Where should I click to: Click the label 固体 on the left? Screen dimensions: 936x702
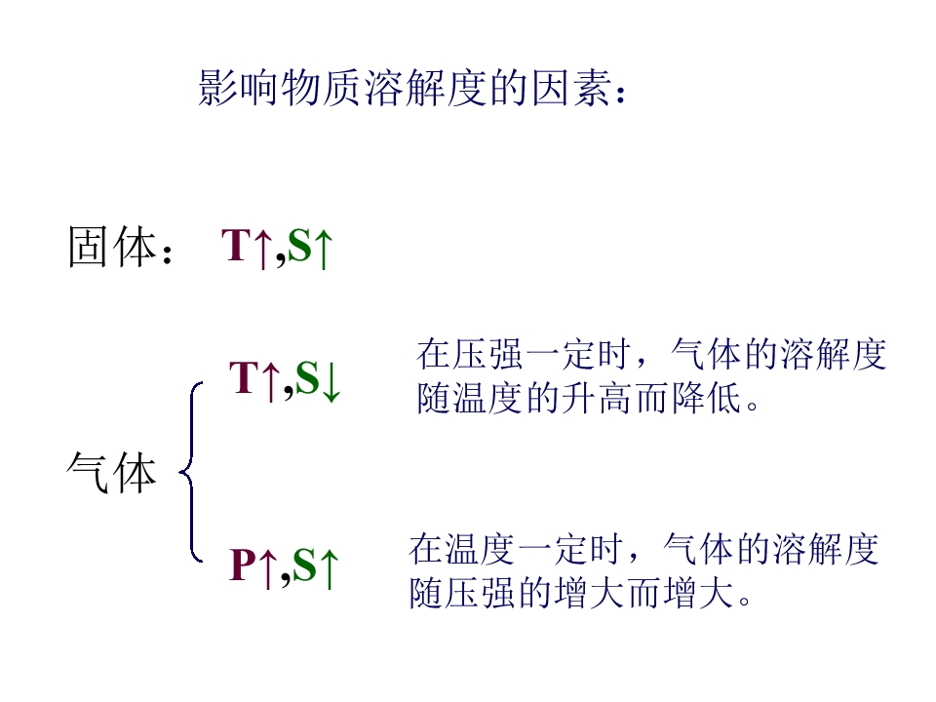coord(111,247)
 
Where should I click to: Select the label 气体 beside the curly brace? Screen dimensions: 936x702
coord(111,472)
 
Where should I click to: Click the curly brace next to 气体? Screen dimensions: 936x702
coord(191,472)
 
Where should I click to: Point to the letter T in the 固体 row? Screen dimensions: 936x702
coord(236,246)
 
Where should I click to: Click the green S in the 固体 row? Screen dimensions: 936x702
coord(299,246)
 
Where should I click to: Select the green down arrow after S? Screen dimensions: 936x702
coord(331,381)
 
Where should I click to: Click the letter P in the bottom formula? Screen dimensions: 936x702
coord(243,565)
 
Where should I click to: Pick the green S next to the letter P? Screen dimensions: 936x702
coord(304,565)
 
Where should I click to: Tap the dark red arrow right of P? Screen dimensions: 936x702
coord(269,568)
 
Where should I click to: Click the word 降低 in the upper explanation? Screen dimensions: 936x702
coord(706,398)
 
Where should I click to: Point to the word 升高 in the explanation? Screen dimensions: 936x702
coord(579,398)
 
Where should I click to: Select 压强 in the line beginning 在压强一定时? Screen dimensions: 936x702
coord(487,354)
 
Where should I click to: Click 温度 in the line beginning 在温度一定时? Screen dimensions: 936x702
coord(480,549)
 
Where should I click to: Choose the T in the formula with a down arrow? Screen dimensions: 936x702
coord(244,377)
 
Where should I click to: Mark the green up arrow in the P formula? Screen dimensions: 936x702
coord(329,568)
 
